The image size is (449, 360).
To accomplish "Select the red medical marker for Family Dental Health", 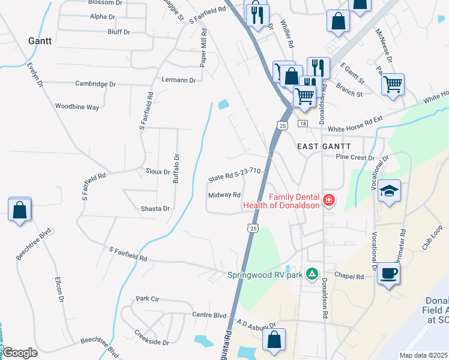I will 328,200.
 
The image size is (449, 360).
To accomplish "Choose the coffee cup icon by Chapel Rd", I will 388,274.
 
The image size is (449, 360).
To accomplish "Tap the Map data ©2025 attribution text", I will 423,355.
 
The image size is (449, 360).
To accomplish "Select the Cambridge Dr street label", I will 95,84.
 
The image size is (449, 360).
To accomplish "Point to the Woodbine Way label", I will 77,107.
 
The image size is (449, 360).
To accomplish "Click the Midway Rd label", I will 224,195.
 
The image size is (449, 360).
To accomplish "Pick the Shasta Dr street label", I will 155,209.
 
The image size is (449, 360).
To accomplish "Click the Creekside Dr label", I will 151,337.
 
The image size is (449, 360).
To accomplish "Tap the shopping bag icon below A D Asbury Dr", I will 274,340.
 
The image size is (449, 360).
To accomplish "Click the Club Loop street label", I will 432,238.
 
